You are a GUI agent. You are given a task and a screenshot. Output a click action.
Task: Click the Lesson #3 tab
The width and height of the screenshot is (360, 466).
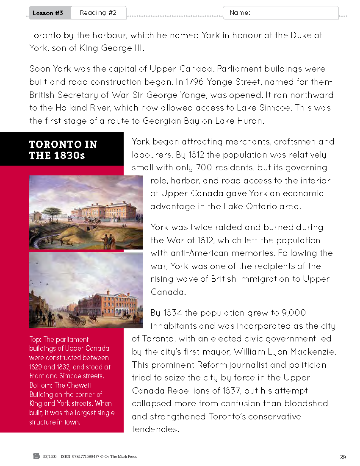pyautogui.click(x=48, y=13)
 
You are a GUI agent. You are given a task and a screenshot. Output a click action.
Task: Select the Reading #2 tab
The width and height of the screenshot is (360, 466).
pyautogui.click(x=98, y=13)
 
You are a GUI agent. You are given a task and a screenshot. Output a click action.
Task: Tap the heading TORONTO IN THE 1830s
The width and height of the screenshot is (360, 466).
pyautogui.click(x=63, y=150)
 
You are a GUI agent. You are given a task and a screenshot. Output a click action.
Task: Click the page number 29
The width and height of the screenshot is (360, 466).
pyautogui.click(x=343, y=457)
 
